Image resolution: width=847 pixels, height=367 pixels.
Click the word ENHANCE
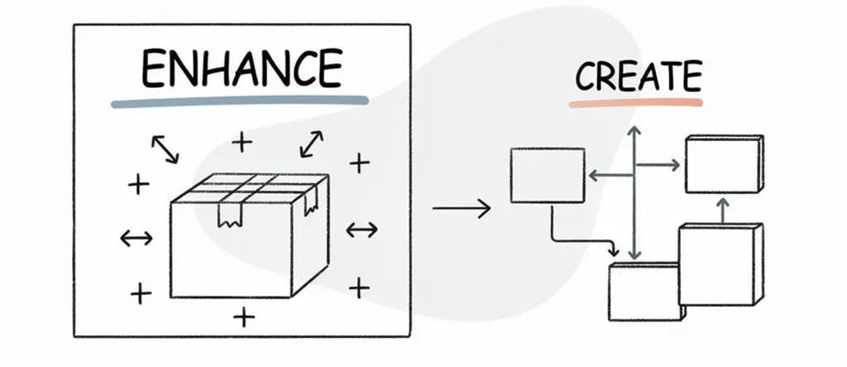click(241, 70)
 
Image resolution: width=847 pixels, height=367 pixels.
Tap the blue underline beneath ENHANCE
click(241, 103)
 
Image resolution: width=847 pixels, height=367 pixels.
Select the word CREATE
click(638, 76)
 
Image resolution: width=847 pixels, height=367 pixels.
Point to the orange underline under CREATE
click(635, 104)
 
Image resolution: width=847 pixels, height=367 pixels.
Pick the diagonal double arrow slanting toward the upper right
click(311, 143)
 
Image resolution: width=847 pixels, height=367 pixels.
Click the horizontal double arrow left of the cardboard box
click(136, 239)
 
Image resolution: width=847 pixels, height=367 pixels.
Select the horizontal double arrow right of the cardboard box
click(361, 229)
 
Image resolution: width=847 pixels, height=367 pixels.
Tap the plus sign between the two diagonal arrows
click(242, 143)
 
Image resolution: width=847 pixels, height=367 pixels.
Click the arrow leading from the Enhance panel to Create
click(461, 208)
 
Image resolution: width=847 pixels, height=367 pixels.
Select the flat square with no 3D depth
click(548, 175)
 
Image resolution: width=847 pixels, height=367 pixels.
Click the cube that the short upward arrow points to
click(723, 165)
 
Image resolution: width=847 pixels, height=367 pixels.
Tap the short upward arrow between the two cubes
click(721, 210)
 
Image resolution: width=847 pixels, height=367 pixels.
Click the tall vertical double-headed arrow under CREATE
click(633, 195)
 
